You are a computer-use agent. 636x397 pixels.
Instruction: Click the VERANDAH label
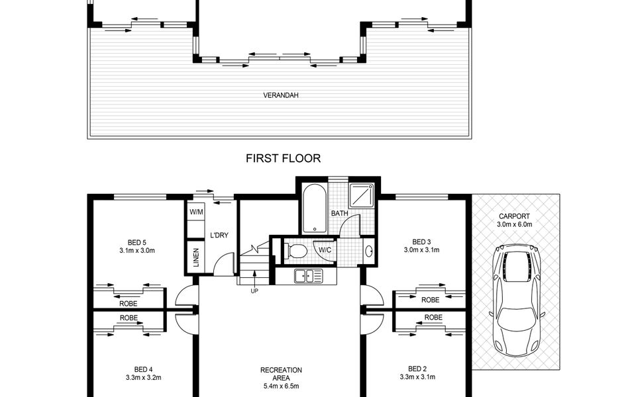[x=281, y=95]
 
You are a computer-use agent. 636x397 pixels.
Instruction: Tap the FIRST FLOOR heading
[x=283, y=158]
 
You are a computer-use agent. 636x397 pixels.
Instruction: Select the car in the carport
[x=516, y=300]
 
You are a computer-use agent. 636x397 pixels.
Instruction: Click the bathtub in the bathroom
[x=314, y=208]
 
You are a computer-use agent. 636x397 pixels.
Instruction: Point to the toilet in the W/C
[x=295, y=250]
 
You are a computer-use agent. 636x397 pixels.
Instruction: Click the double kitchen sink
[x=308, y=277]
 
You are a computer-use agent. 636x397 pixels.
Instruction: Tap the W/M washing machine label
[x=196, y=212]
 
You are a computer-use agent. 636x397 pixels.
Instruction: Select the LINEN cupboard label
[x=196, y=257]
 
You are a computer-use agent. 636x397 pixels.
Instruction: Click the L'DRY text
[x=219, y=235]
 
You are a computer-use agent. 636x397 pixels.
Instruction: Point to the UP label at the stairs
[x=254, y=290]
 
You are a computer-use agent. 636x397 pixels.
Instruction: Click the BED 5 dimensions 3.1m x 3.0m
[x=137, y=250]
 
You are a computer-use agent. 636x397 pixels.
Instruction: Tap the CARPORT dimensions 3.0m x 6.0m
[x=515, y=224]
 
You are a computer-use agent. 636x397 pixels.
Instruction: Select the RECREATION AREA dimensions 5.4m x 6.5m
[x=281, y=386]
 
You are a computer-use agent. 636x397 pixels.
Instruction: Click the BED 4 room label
[x=144, y=369]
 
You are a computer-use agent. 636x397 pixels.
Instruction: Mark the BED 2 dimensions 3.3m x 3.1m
[x=417, y=376]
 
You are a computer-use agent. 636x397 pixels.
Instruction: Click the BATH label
[x=339, y=213]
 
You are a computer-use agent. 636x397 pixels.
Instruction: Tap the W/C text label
[x=325, y=250]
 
